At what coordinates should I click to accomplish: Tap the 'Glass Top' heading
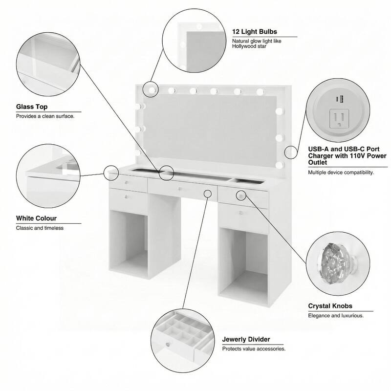coord(32,107)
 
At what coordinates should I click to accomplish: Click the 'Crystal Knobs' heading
coord(330,306)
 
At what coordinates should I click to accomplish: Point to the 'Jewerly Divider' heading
coord(246,339)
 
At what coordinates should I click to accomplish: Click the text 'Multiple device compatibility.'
coord(340,173)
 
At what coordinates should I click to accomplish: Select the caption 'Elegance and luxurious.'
coord(335,316)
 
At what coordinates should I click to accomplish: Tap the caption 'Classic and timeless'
coord(40,228)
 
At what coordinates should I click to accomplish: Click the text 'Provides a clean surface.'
coord(45,117)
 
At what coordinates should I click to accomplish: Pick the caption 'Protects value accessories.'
coord(254,349)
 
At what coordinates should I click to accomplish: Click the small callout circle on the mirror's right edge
coord(291,152)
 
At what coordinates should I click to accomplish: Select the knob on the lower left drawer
coord(128,197)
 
